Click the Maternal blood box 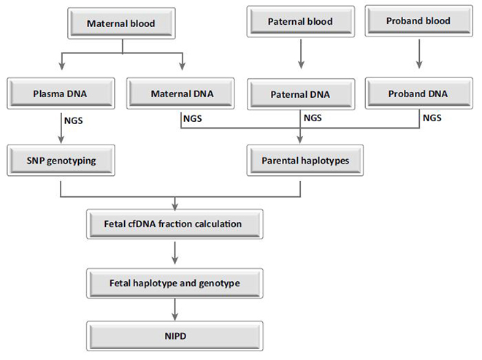121,23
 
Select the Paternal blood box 300,21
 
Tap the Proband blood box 418,21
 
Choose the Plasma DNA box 61,93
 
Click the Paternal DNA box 301,94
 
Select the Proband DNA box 419,93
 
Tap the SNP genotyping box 61,161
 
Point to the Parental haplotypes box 305,161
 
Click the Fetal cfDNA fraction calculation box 175,224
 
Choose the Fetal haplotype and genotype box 175,283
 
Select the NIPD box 175,336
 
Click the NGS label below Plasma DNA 74,120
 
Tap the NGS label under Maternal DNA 193,118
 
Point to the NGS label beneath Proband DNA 432,118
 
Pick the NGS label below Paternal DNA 313,118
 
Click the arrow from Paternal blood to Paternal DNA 301,54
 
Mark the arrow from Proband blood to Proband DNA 419,54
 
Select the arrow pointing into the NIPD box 175,310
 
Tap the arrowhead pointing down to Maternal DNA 183,66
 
